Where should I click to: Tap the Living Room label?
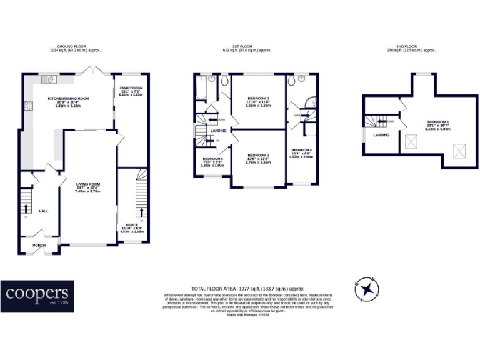87,184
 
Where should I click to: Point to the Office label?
132,224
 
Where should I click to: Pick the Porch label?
39,245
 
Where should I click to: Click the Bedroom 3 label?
258,99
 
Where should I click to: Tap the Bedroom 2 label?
258,155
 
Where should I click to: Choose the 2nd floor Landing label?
381,134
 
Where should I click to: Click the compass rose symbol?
368,289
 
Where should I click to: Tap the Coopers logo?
37,296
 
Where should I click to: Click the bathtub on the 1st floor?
201,87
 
